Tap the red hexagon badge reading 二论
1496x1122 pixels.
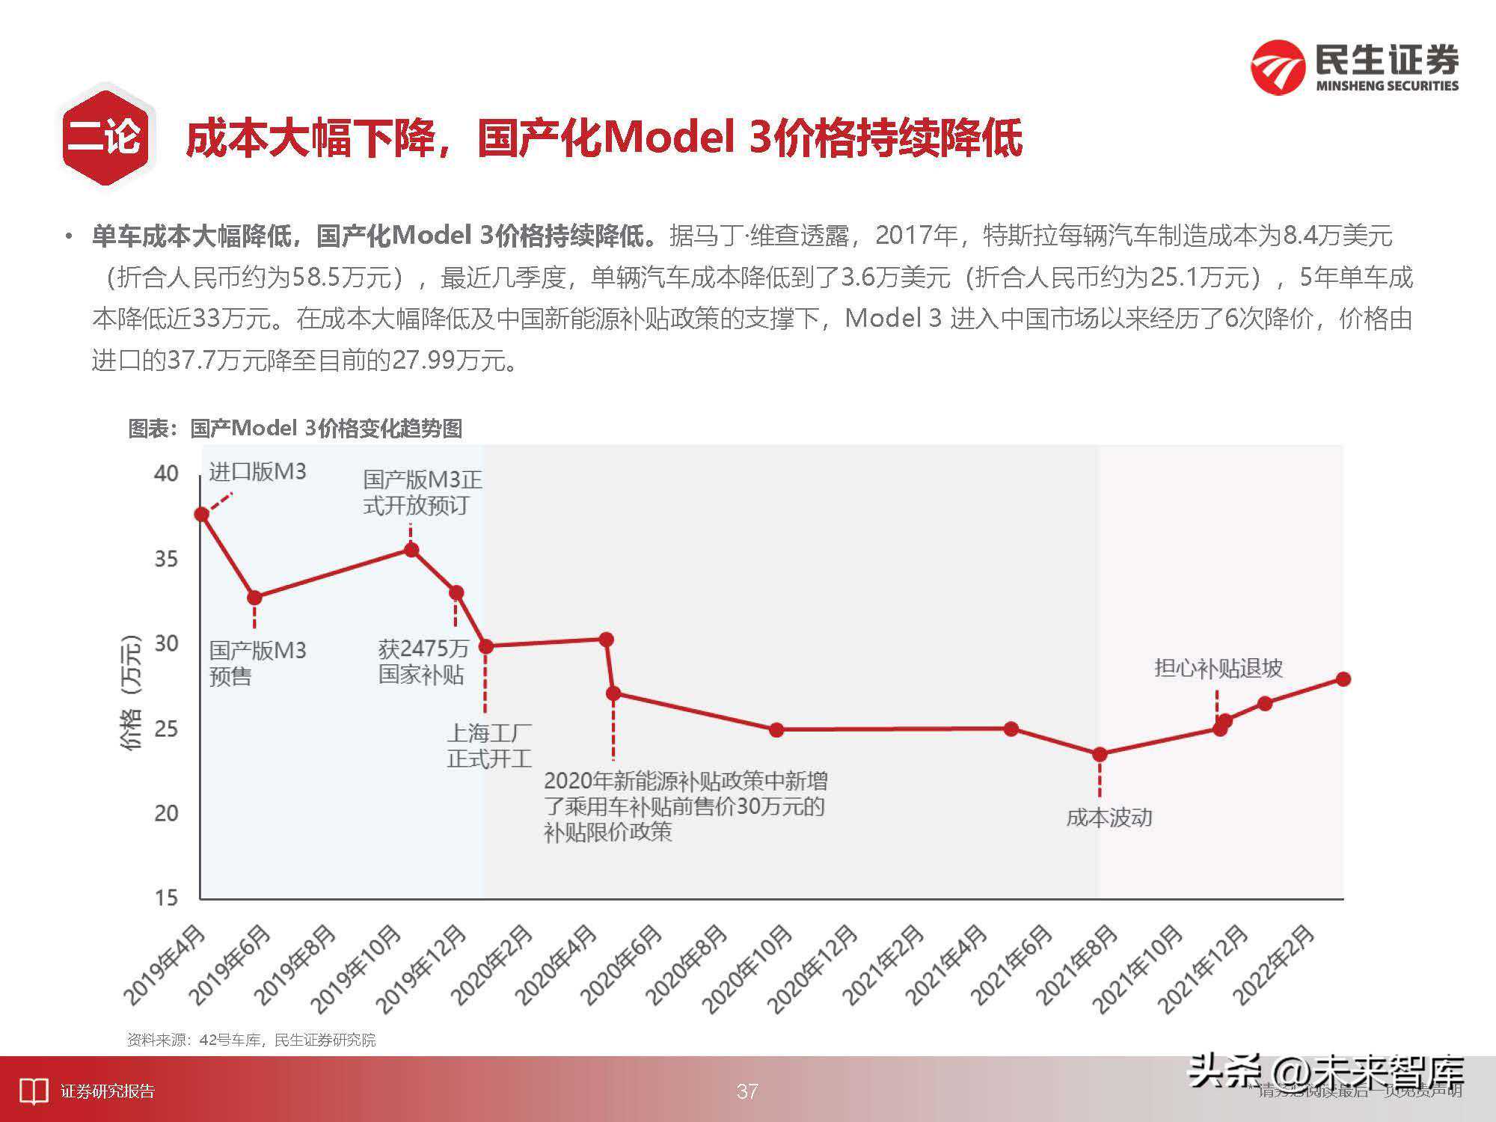click(104, 137)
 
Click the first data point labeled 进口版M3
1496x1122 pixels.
click(201, 514)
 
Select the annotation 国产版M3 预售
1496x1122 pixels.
click(257, 663)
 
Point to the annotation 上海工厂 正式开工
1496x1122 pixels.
click(489, 746)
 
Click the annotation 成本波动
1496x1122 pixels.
click(1109, 818)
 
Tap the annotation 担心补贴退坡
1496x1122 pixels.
click(1218, 668)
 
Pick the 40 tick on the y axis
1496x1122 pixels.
click(166, 473)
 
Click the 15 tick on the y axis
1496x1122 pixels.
click(166, 898)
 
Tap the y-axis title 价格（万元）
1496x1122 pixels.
click(130, 692)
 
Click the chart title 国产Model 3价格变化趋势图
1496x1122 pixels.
click(295, 429)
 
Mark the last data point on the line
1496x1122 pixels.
click(1343, 679)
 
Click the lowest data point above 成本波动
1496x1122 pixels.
click(1100, 754)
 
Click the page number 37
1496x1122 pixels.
click(747, 1091)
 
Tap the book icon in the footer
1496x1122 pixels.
click(34, 1091)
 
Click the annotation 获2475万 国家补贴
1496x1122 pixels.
click(423, 661)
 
